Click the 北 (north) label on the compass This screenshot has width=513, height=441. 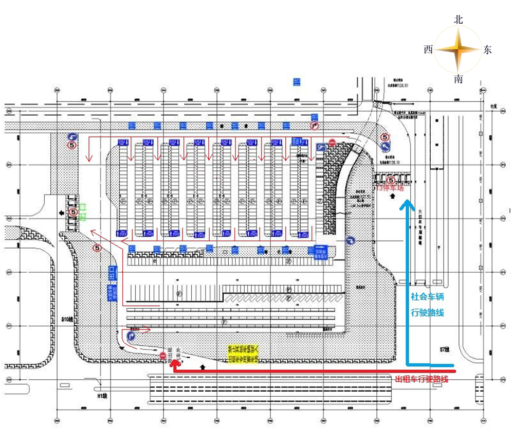click(459, 19)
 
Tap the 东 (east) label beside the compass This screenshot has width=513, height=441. click(487, 49)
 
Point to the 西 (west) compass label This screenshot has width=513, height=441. click(428, 49)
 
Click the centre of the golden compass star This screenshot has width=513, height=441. click(458, 50)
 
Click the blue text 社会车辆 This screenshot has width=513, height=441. click(427, 297)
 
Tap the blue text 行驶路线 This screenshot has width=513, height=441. click(427, 312)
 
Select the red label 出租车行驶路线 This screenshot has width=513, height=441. click(421, 379)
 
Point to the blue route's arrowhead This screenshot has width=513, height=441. click(408, 204)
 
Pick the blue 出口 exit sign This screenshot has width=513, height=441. click(111, 274)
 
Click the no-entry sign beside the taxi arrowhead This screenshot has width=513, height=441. click(163, 355)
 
